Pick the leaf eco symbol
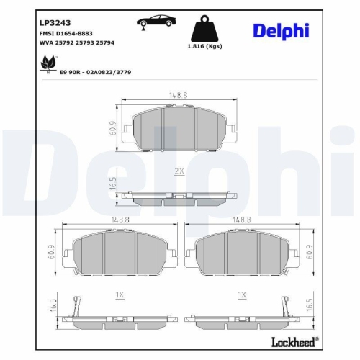[x=48, y=65]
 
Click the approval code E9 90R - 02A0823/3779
[x=105, y=73]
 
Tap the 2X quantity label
[x=179, y=172]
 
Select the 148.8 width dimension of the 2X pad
[x=179, y=94]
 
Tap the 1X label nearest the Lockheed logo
[x=241, y=295]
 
